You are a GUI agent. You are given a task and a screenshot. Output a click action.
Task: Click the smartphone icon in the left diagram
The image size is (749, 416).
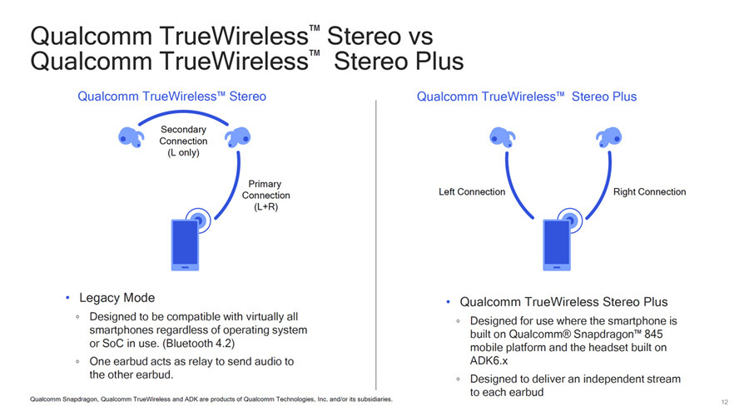click(x=185, y=245)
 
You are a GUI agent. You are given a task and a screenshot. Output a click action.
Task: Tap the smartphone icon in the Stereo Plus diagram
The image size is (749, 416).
click(x=557, y=245)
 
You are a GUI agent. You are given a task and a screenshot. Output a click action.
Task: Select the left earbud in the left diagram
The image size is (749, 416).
click(x=131, y=137)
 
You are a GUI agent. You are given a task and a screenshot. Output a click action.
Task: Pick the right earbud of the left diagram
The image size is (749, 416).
click(x=238, y=137)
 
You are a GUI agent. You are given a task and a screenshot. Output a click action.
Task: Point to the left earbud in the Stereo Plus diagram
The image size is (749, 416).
click(x=503, y=137)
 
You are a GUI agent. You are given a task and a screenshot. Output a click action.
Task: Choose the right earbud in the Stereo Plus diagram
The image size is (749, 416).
click(x=609, y=137)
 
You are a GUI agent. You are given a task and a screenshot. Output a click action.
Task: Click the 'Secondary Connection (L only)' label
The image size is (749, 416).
click(x=183, y=141)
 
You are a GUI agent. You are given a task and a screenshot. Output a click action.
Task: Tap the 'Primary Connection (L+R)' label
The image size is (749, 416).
click(x=265, y=196)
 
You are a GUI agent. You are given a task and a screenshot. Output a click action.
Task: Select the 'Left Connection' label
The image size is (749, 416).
click(x=472, y=192)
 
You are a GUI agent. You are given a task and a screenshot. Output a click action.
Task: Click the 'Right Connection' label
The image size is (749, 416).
click(x=650, y=192)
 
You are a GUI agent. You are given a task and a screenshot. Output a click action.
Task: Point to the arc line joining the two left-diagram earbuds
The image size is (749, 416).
click(x=183, y=112)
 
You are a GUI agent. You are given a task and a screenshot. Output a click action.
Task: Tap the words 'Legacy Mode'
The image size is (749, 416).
click(x=117, y=298)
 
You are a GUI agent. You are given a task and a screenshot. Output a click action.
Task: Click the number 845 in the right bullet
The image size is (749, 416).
click(x=653, y=334)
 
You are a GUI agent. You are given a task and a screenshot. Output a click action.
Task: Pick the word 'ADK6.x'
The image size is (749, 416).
click(x=489, y=361)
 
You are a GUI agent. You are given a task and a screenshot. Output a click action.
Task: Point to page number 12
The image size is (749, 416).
click(x=725, y=402)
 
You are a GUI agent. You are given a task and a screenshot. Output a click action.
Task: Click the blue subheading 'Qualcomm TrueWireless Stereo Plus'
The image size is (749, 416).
click(x=527, y=97)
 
